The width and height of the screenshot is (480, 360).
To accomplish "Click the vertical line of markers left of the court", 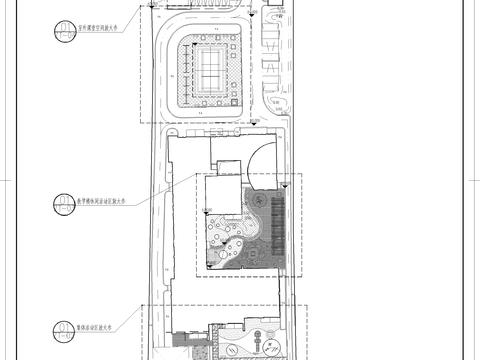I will pyautogui.click(x=177, y=75).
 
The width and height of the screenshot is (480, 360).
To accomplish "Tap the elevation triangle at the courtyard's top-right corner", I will pyautogui.click(x=290, y=181).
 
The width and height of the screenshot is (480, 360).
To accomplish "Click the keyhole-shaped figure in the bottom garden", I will pyautogui.click(x=268, y=345).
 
